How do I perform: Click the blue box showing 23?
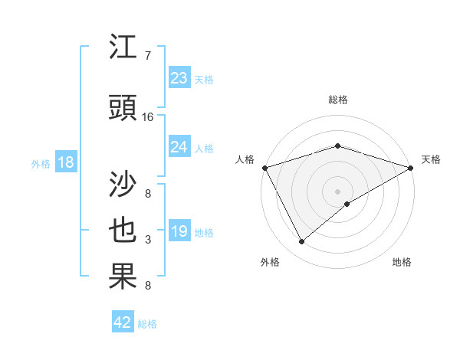pyautogui.click(x=179, y=78)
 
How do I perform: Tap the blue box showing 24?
pyautogui.click(x=179, y=147)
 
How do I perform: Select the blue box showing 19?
pyautogui.click(x=179, y=232)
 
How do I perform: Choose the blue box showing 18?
pyautogui.click(x=65, y=162)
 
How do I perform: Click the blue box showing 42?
pyautogui.click(x=123, y=322)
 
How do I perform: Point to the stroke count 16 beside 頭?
pyautogui.click(x=148, y=117)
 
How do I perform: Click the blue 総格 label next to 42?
pyautogui.click(x=147, y=324)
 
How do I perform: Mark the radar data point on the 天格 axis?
pyautogui.click(x=411, y=168)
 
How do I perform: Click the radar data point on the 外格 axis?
pyautogui.click(x=302, y=242)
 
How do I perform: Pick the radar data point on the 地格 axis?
pyautogui.click(x=347, y=204)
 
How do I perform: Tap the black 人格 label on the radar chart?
pyautogui.click(x=245, y=159)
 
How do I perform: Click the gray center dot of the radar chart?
pyautogui.click(x=337, y=191)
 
